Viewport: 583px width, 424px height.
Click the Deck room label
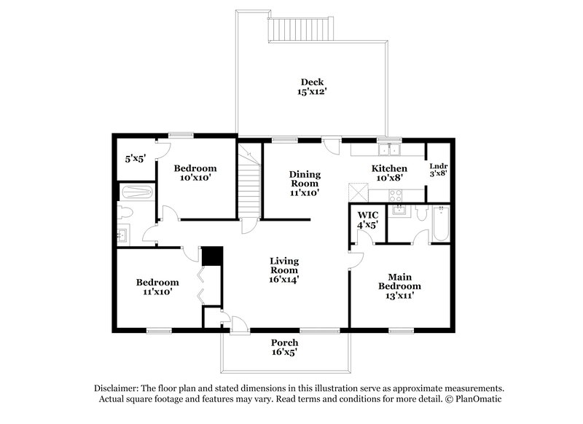[x=313, y=87]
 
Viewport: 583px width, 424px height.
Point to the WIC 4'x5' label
[x=367, y=220]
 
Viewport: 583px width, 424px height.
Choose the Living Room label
[x=284, y=270]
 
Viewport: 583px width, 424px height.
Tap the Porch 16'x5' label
[x=284, y=348]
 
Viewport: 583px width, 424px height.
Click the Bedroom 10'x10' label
[x=195, y=173]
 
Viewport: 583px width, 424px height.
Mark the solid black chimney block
[x=211, y=256]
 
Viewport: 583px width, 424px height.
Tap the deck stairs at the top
[x=300, y=30]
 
